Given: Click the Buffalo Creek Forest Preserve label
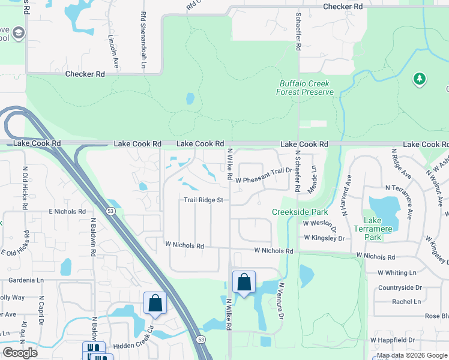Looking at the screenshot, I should click(x=305, y=88).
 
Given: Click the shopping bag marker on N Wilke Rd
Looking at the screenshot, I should click(x=244, y=282).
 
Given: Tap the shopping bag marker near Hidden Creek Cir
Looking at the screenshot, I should click(x=155, y=303).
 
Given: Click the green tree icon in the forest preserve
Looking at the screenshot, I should click(x=419, y=79).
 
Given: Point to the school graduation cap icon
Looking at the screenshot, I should click(x=18, y=32).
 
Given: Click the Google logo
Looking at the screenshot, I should click(x=20, y=353).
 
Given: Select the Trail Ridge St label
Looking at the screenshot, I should click(x=203, y=200).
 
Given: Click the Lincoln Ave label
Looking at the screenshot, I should click(x=113, y=50).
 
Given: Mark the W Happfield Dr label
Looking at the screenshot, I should click(x=392, y=340).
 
